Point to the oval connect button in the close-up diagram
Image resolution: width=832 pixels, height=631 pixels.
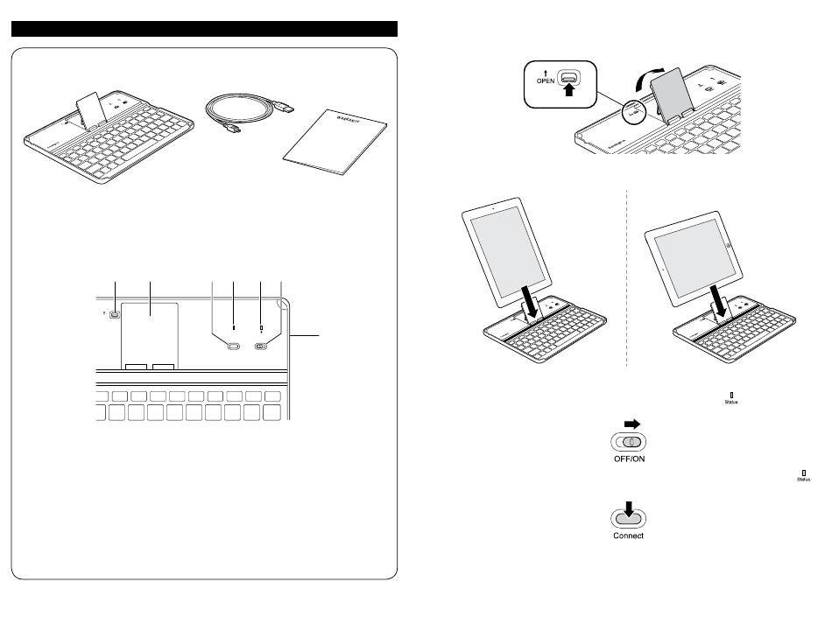click(x=232, y=347)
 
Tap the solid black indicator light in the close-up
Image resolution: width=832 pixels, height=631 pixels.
click(x=234, y=329)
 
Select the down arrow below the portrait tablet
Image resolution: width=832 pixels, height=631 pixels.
click(x=527, y=302)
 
